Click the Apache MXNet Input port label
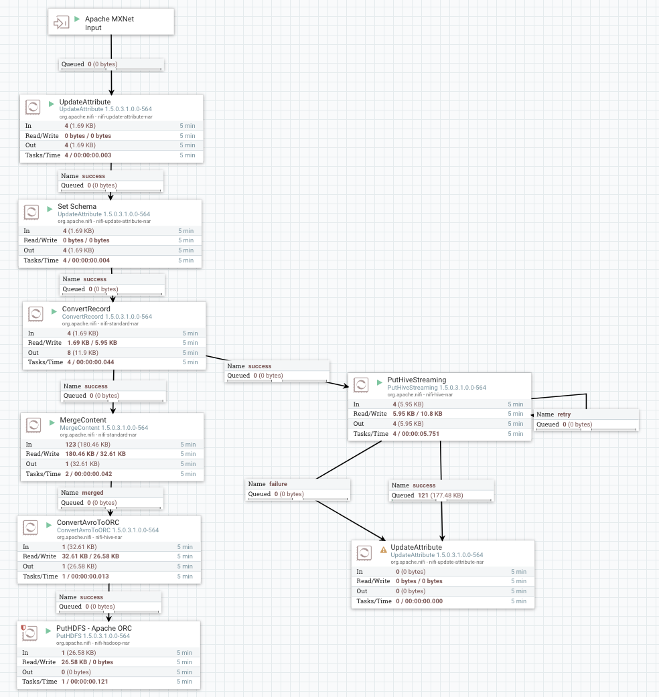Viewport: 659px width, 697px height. pos(109,23)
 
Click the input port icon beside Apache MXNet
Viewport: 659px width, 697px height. pos(61,23)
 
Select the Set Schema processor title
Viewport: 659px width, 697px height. pos(77,206)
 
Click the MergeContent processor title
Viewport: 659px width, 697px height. pos(83,420)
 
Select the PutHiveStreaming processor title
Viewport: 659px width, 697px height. pos(416,380)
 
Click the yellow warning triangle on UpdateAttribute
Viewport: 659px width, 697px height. pos(384,549)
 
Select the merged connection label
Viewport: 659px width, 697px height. pos(92,493)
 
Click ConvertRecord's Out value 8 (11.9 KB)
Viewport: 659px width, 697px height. pos(83,352)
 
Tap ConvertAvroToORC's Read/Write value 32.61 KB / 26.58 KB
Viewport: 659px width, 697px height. pos(90,556)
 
